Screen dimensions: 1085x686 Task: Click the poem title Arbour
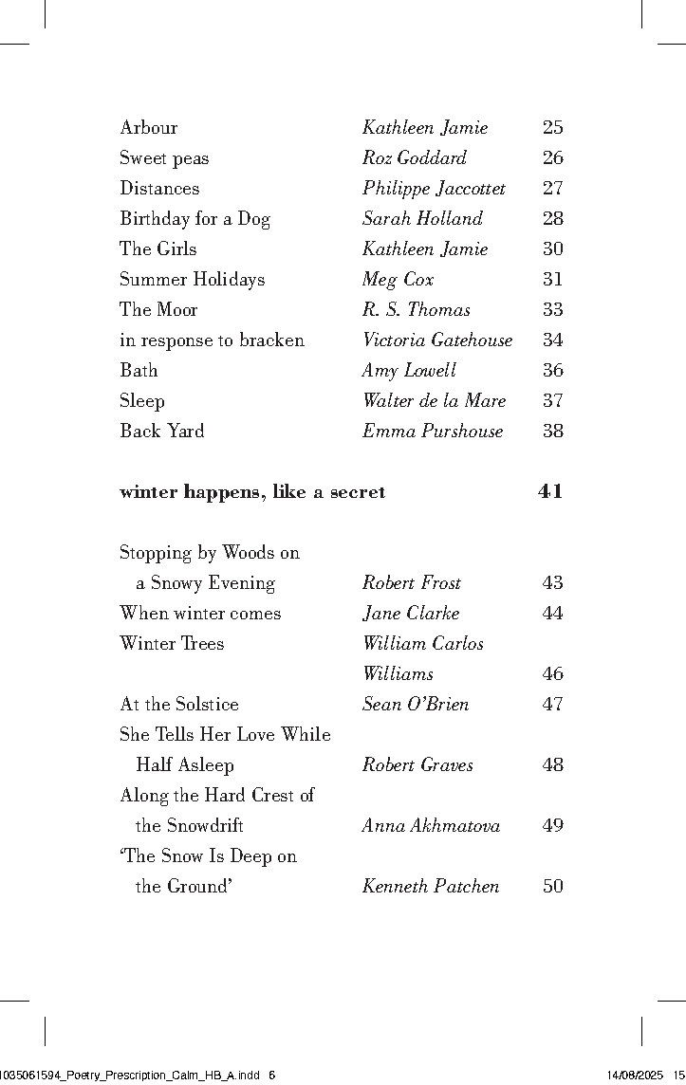(148, 128)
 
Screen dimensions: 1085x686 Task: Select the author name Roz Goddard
(415, 158)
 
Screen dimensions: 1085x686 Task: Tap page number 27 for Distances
(552, 189)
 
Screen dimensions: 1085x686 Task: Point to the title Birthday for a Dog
(195, 219)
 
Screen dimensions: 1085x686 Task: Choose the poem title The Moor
(158, 310)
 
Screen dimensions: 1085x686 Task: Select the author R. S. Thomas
(416, 310)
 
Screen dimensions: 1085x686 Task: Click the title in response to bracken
(212, 340)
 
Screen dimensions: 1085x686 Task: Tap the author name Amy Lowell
(409, 371)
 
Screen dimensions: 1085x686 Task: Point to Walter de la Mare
(434, 401)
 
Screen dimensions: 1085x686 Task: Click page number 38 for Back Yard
(552, 432)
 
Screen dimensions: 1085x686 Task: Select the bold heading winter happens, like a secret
(252, 492)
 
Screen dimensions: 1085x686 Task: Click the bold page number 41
(550, 492)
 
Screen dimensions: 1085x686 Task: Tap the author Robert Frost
(412, 583)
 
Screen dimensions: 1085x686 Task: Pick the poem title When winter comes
(200, 614)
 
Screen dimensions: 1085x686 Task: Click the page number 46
(552, 674)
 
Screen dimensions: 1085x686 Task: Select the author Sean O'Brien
(416, 705)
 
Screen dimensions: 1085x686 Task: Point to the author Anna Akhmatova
(431, 826)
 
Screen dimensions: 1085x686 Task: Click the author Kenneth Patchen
(431, 887)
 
